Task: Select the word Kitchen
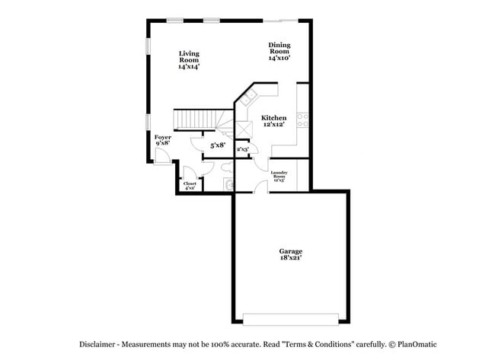click(273, 118)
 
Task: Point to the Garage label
click(290, 251)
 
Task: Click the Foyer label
click(163, 137)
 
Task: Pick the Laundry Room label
click(279, 175)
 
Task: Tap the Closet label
click(190, 183)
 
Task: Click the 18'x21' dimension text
click(290, 260)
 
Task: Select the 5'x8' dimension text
click(218, 145)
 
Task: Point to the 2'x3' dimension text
click(243, 149)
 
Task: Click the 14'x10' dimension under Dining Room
click(279, 58)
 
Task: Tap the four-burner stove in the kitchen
click(302, 119)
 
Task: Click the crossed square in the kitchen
click(244, 129)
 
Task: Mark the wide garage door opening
click(290, 317)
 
